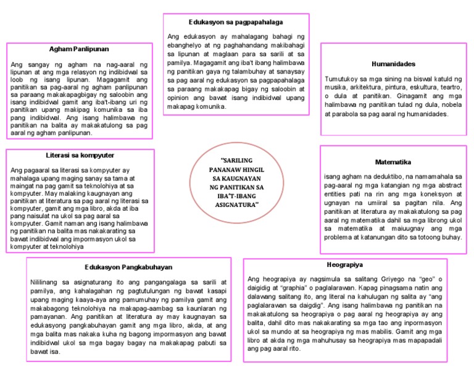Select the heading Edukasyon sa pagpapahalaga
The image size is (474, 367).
(237, 22)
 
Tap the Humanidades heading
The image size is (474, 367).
(393, 64)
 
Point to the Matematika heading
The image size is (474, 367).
(393, 162)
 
